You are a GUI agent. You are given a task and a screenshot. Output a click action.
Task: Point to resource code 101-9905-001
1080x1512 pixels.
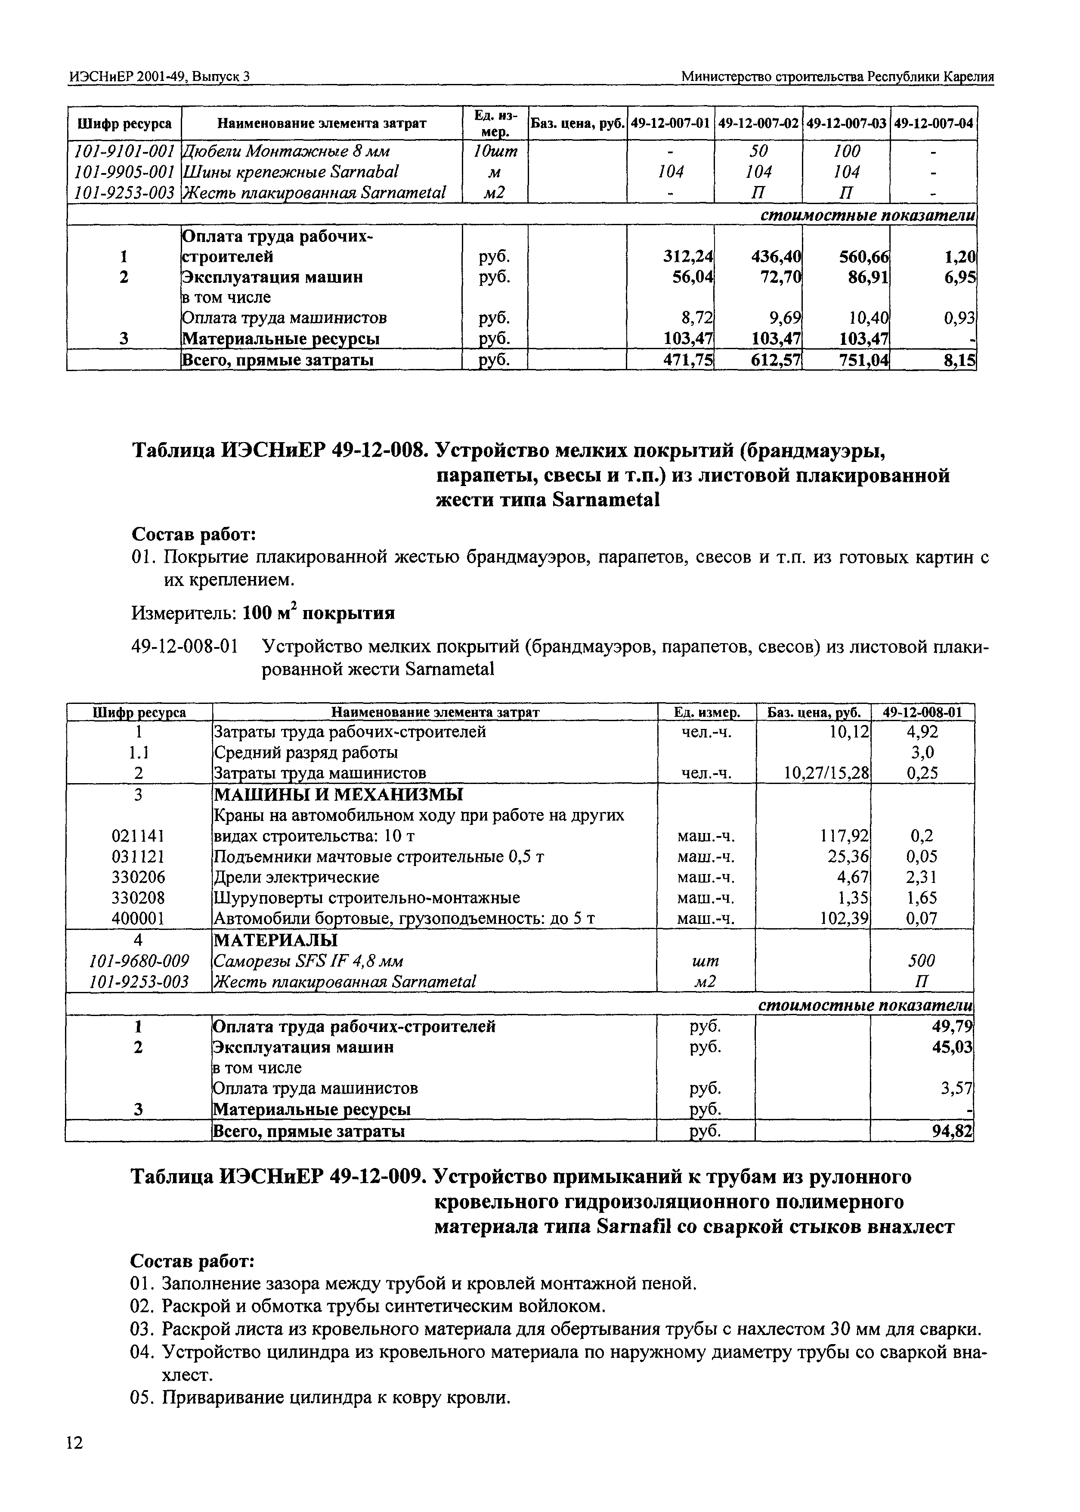point(124,172)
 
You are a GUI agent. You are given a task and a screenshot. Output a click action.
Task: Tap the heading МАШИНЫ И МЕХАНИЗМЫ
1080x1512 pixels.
point(338,795)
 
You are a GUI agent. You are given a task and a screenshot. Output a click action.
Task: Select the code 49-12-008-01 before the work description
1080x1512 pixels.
point(184,646)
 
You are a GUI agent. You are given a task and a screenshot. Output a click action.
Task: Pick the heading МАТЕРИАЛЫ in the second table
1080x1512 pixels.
point(275,940)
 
